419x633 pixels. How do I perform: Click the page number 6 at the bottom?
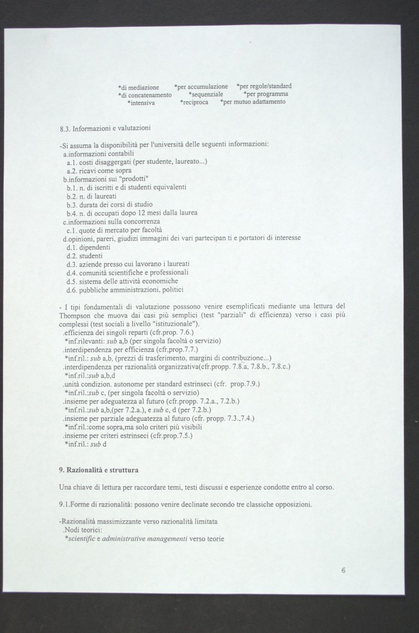[x=344, y=570]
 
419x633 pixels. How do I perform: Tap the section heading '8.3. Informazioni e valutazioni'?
[x=105, y=128]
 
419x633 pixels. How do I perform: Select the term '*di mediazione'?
[x=138, y=88]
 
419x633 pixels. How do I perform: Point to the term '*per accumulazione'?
[x=201, y=87]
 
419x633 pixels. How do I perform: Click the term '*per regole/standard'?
[x=264, y=86]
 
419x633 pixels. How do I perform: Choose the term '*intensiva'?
[x=141, y=103]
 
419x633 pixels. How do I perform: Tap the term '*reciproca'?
[x=195, y=103]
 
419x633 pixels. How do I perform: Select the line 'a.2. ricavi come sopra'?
[x=95, y=171]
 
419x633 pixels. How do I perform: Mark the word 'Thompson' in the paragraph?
[x=74, y=315]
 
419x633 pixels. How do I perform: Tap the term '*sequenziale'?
[x=206, y=95]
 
